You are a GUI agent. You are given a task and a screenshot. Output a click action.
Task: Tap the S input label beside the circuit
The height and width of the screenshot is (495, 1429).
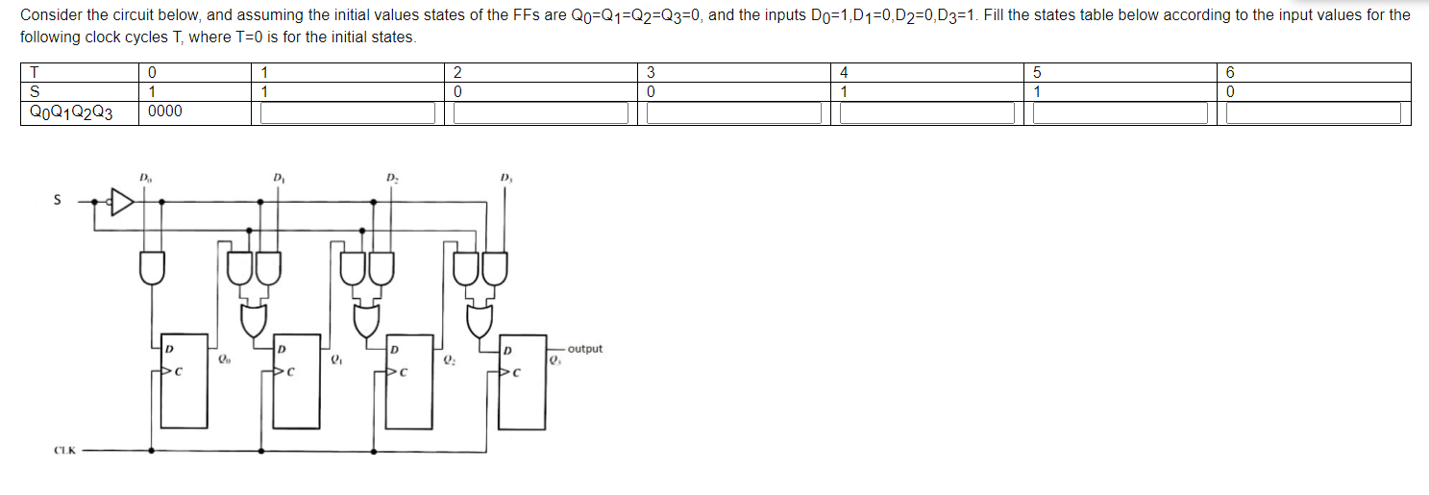pos(57,201)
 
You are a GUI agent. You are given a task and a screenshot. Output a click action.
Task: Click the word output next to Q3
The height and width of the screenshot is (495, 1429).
pos(585,349)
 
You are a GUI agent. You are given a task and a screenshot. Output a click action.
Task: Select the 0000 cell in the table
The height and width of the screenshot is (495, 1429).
pos(165,111)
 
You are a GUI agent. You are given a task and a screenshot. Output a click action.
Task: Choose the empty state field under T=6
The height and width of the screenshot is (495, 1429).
pos(1313,113)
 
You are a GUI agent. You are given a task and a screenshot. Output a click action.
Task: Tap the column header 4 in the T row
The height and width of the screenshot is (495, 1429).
pos(844,72)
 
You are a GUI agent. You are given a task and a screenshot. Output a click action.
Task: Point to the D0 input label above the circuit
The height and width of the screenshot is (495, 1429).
pos(144,178)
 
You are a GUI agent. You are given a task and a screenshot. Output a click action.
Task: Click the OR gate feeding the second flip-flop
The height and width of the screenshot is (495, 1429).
pos(255,320)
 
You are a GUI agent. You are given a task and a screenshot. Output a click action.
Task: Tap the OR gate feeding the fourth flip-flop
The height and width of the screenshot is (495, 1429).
pos(480,320)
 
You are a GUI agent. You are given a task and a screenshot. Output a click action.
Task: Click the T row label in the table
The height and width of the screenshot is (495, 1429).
pos(35,72)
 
